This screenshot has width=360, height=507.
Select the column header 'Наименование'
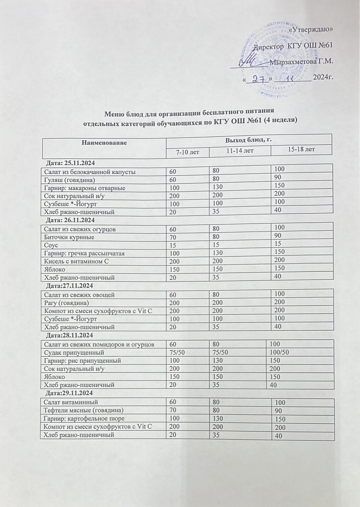pyautogui.click(x=104, y=143)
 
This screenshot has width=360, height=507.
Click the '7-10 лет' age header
pyautogui.click(x=188, y=152)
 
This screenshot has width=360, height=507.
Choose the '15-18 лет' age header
pyautogui.click(x=301, y=149)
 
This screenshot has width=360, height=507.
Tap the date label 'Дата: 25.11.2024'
pyautogui.click(x=70, y=164)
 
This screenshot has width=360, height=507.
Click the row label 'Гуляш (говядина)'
pyautogui.click(x=69, y=180)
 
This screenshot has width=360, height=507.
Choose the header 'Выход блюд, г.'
pyautogui.click(x=249, y=139)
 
